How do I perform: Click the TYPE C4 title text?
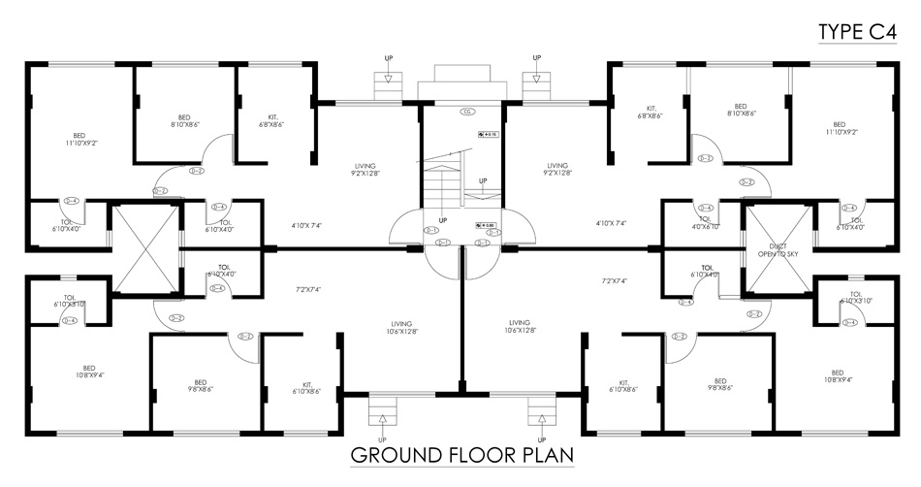[x=857, y=32]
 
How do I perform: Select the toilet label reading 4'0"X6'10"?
[x=705, y=224]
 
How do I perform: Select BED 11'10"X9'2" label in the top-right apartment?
[x=839, y=129]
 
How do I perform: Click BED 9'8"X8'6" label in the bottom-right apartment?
[x=719, y=385]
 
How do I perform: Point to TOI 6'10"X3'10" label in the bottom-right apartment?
[x=855, y=298]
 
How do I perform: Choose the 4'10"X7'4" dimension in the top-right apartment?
[x=612, y=223]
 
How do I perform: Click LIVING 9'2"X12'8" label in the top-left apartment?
[x=365, y=169]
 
